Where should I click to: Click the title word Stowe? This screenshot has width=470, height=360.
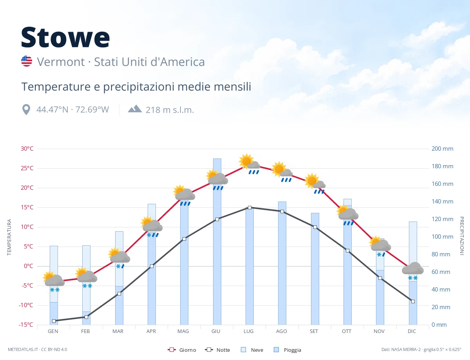[x=65, y=37]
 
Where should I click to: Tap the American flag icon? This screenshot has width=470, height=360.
[x=27, y=61]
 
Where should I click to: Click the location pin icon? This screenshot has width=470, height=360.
[x=26, y=110]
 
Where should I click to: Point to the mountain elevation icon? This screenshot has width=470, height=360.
[x=135, y=109]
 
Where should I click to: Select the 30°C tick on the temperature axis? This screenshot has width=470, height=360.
[x=27, y=149]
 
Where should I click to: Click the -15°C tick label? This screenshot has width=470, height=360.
[x=26, y=324]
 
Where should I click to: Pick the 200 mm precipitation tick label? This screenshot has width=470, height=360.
[x=442, y=149]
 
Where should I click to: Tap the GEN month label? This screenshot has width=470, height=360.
[x=53, y=331]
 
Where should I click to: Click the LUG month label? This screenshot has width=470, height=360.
[x=249, y=331]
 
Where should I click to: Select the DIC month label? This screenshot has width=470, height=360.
[x=412, y=331]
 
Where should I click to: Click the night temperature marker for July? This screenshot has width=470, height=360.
[x=249, y=208]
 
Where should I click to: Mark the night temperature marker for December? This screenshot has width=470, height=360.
[x=413, y=301]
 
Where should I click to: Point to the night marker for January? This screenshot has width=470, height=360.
[x=54, y=321]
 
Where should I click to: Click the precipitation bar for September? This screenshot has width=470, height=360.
[x=315, y=269]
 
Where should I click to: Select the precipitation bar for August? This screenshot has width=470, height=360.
[x=282, y=263]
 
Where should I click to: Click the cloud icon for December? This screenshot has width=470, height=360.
[x=413, y=268]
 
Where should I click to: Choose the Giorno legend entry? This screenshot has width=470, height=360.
[x=182, y=350]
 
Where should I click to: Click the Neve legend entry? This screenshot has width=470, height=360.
[x=252, y=350]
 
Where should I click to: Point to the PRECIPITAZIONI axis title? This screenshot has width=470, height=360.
[x=461, y=236]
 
